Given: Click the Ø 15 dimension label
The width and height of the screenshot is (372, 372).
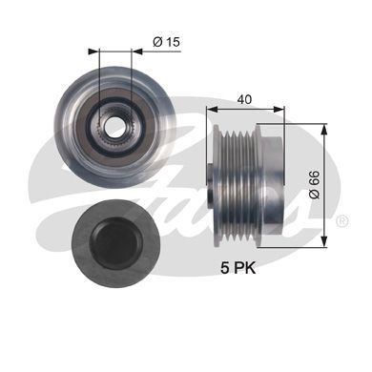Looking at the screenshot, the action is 166,42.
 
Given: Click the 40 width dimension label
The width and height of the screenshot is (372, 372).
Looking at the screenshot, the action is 244,99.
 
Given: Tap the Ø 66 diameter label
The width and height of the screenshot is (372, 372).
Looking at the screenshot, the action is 315,184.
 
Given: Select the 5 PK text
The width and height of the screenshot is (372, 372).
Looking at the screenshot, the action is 238,268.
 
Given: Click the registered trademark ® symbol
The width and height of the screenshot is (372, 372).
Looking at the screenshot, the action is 342,221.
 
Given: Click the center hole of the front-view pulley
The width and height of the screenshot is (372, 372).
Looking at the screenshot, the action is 114,126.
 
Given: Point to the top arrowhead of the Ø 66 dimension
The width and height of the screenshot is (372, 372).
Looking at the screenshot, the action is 323,130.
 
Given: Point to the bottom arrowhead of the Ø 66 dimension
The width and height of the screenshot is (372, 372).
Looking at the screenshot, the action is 323,240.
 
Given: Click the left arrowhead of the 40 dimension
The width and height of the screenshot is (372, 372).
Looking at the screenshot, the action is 212,110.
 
